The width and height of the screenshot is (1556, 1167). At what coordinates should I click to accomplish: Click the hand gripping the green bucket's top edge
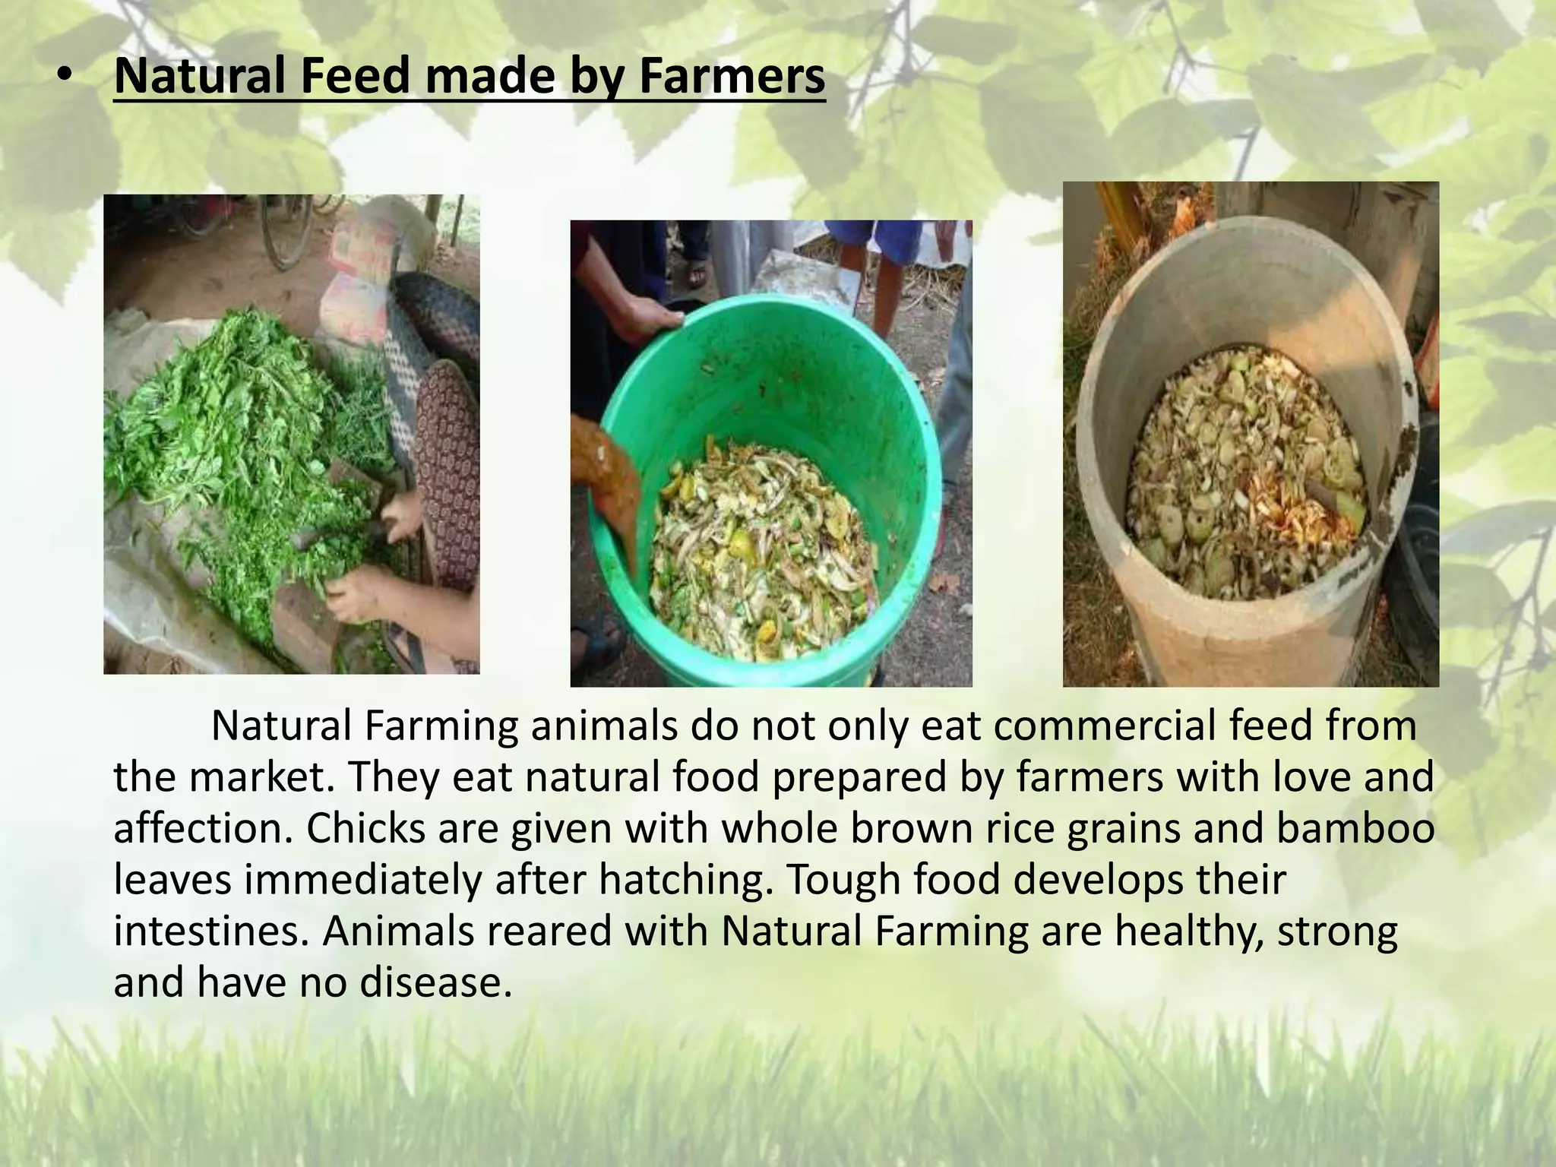(642, 319)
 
